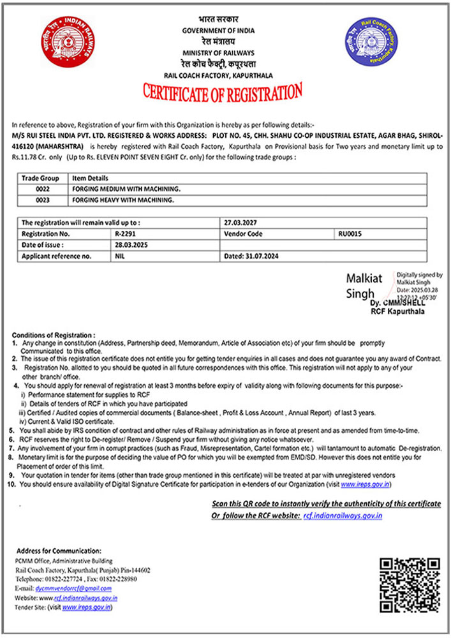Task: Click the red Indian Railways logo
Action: point(59,40)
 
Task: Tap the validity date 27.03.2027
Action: point(239,223)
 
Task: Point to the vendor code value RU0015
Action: point(350,234)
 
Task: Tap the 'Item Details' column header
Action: point(90,179)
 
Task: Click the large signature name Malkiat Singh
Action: point(364,286)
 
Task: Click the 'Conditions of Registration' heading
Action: point(54,335)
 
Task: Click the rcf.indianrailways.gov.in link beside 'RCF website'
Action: point(343,515)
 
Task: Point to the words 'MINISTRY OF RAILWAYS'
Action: point(218,52)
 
